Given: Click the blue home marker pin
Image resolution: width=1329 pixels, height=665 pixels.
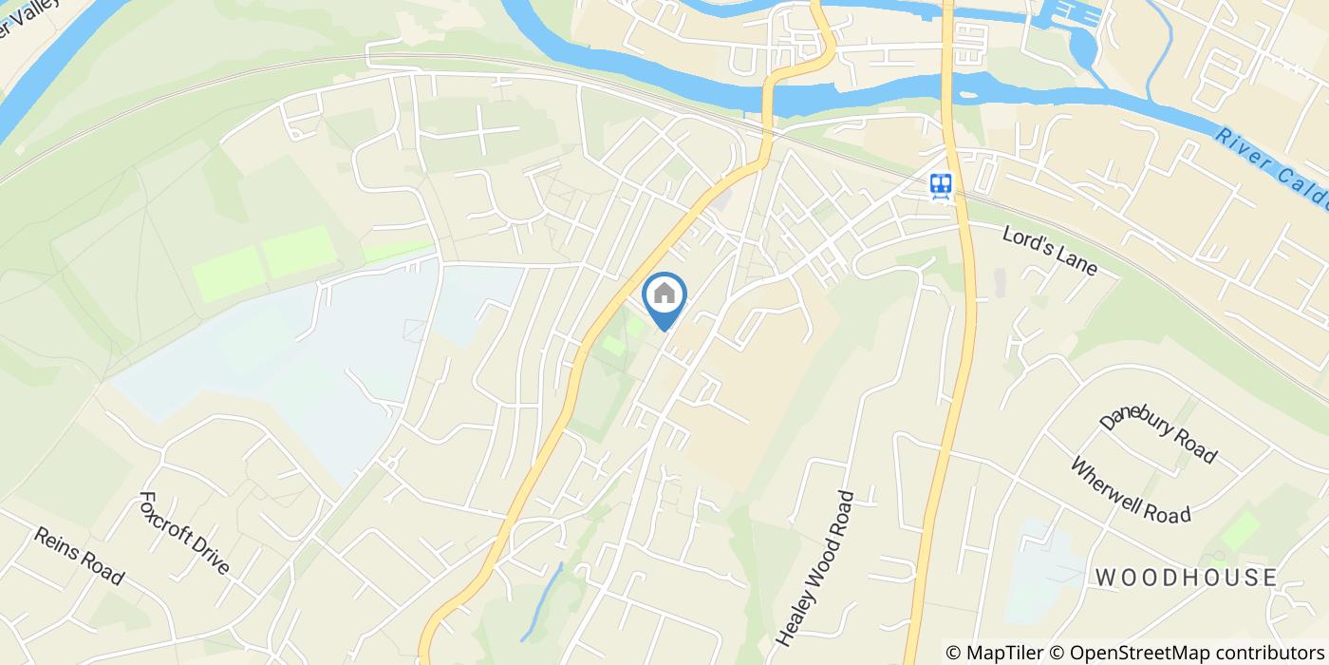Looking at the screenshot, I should click(664, 296).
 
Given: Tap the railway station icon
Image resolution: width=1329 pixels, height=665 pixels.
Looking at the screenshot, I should click(941, 184).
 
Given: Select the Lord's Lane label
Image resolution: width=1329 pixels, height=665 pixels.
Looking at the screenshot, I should click(1049, 250).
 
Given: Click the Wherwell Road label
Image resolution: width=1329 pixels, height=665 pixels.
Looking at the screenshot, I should click(1130, 490).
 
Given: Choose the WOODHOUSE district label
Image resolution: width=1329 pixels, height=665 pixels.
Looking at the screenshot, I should click(1186, 578).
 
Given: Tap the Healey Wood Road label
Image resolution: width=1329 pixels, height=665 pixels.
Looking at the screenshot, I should click(815, 568).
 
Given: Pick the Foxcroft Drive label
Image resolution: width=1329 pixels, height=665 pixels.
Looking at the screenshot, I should click(184, 532).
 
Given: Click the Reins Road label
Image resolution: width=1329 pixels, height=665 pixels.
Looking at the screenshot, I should click(79, 556).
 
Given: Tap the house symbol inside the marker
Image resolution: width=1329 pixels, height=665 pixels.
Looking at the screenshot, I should click(664, 293).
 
